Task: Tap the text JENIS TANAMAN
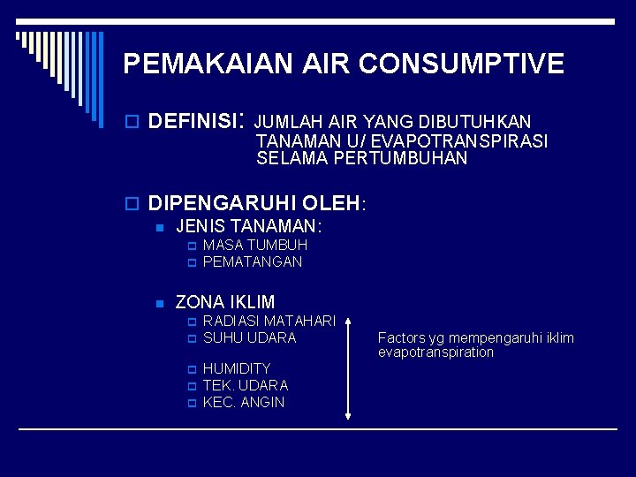pos(247,227)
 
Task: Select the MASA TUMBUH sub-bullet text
pos(255,245)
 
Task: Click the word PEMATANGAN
pos(253,261)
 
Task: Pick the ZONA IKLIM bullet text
pos(225,302)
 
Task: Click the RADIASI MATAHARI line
pos(269,320)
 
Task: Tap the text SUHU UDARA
pos(249,337)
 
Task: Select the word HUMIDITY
pos(237,367)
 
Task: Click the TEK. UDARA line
pos(246,385)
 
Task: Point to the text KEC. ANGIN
pos(244,402)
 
